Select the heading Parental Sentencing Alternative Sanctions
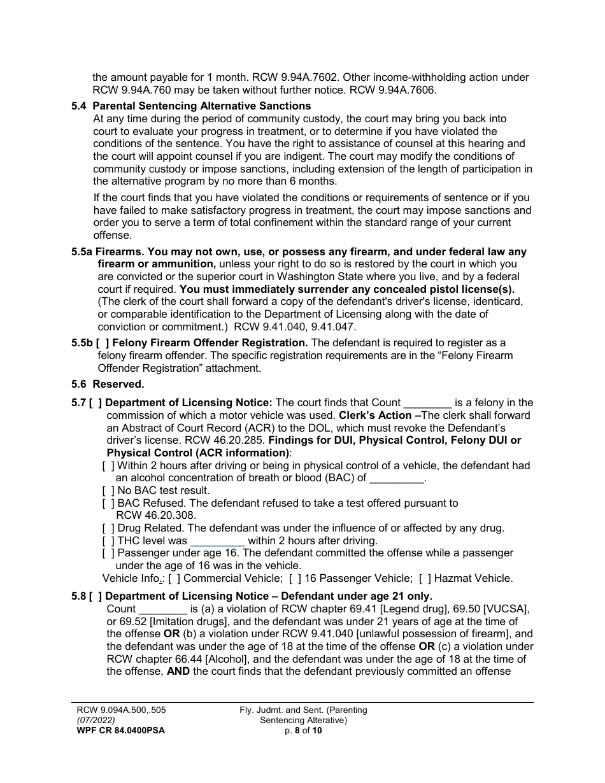click(x=202, y=106)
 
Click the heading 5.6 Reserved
click(x=108, y=384)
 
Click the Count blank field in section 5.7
click(x=428, y=403)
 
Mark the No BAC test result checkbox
click(x=108, y=491)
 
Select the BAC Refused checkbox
click(x=108, y=504)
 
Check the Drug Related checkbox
click(x=108, y=528)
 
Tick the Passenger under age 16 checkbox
click(x=108, y=553)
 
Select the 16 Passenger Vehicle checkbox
click(x=295, y=579)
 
